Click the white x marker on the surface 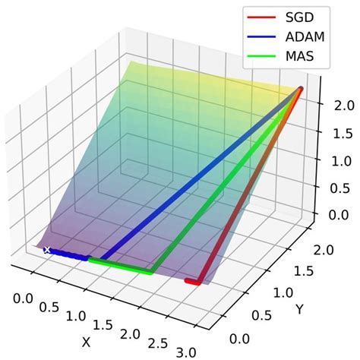pyautogui.click(x=47, y=249)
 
